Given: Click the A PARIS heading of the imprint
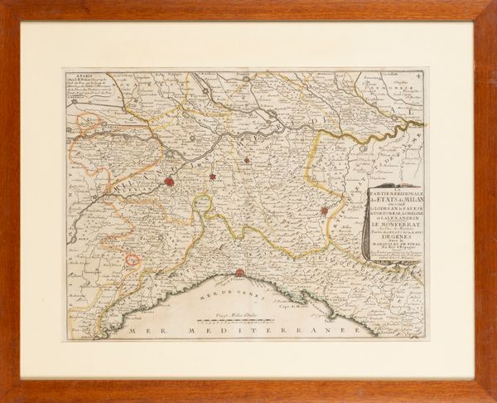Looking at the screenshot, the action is pos(80,75).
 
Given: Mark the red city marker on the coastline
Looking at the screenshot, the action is pos(239,273).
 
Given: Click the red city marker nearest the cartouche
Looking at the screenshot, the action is pos(325,211).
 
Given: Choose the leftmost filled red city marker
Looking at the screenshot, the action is pos(169,180).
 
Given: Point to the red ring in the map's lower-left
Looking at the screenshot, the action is pos(132,260).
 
